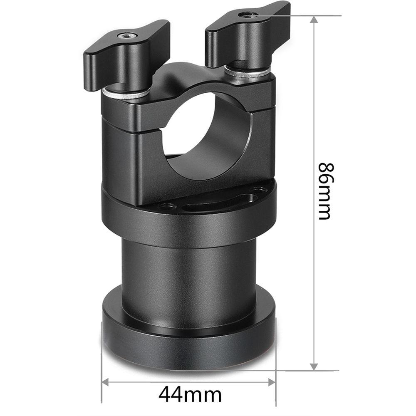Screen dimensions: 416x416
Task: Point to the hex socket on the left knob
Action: coord(124,36)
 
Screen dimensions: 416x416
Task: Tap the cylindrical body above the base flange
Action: coord(189,266)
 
